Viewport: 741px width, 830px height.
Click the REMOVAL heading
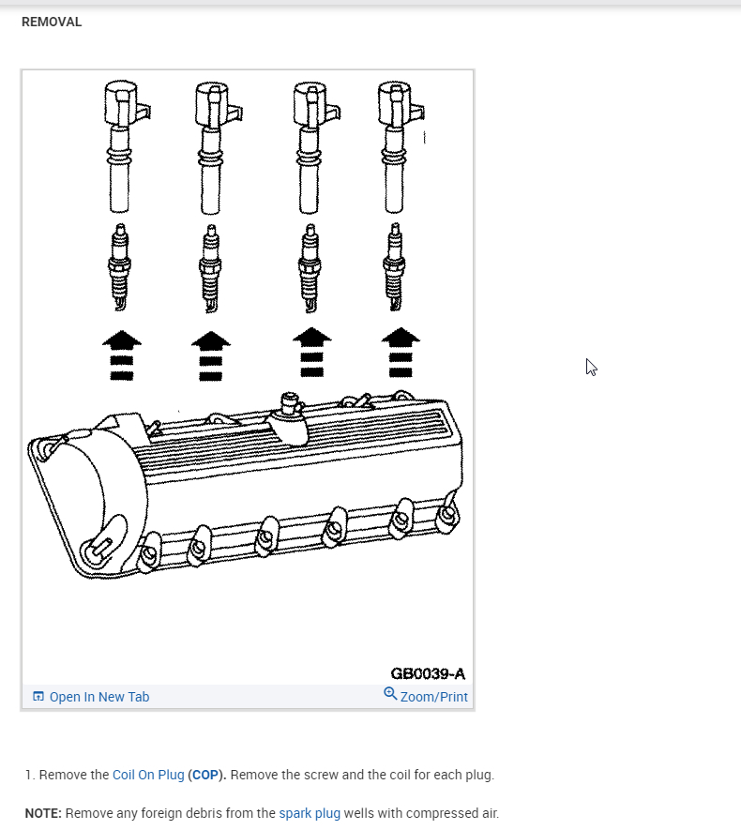coord(52,22)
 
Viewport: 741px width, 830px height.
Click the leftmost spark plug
coord(119,267)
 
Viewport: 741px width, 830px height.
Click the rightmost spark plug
coord(394,267)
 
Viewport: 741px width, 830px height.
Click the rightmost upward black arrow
coord(401,354)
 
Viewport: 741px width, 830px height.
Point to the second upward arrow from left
coord(211,355)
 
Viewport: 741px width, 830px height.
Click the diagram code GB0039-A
coord(428,673)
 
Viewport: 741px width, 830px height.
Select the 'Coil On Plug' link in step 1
coord(148,775)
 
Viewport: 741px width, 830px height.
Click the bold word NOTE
coord(43,813)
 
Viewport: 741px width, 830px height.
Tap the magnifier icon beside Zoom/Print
coord(390,694)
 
